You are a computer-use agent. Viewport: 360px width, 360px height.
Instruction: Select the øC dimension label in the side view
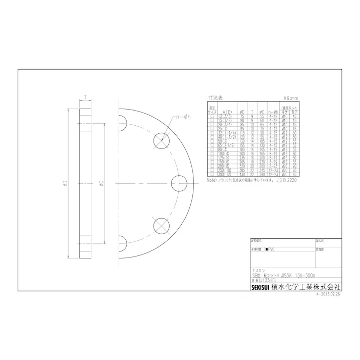(101, 182)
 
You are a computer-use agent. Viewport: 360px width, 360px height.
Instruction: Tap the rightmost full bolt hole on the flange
(180, 182)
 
